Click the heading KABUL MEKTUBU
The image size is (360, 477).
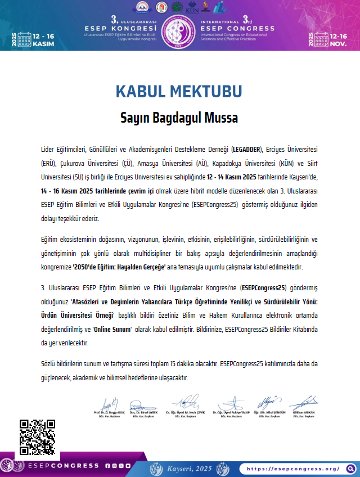tap(179, 92)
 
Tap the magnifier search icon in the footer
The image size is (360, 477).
tap(350, 453)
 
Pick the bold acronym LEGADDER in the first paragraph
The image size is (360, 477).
tap(246, 149)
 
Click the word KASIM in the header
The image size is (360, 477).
tap(44, 43)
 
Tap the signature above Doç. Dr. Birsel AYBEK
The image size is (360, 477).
tap(143, 404)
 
